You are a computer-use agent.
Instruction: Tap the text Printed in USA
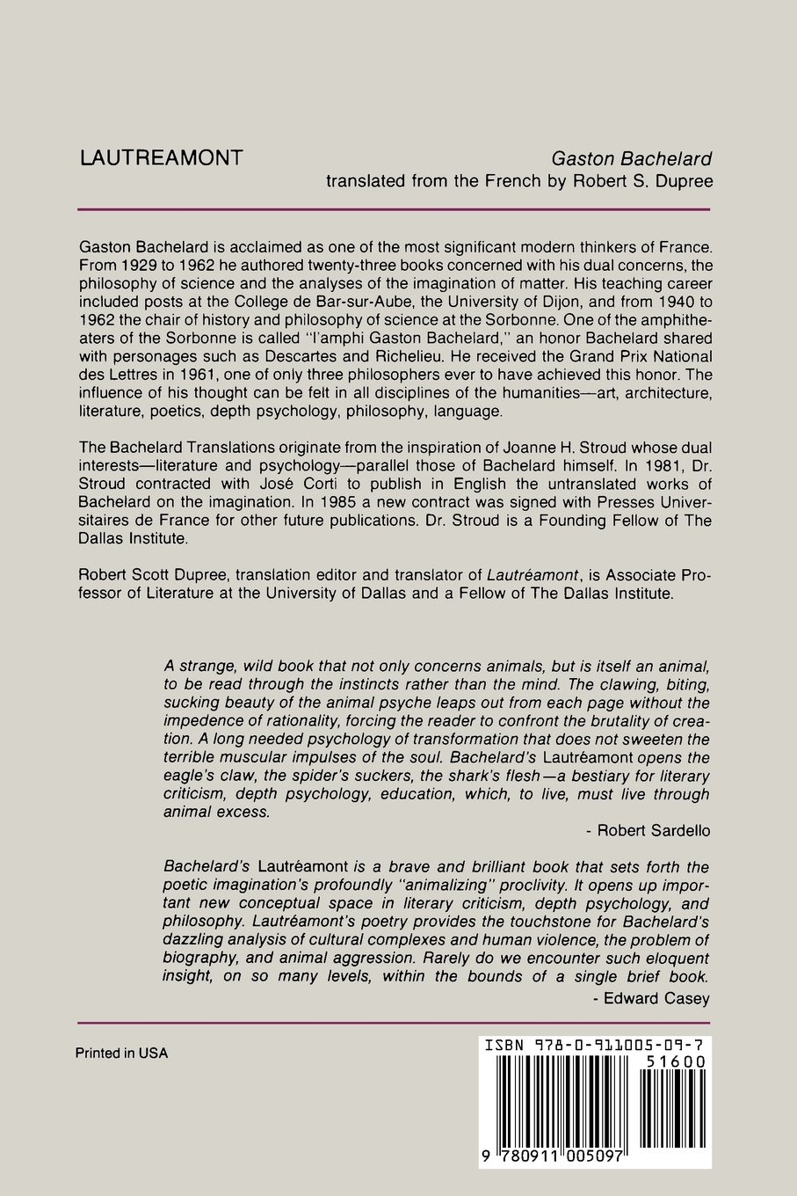(121, 1053)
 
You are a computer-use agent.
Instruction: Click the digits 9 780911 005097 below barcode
(552, 1159)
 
